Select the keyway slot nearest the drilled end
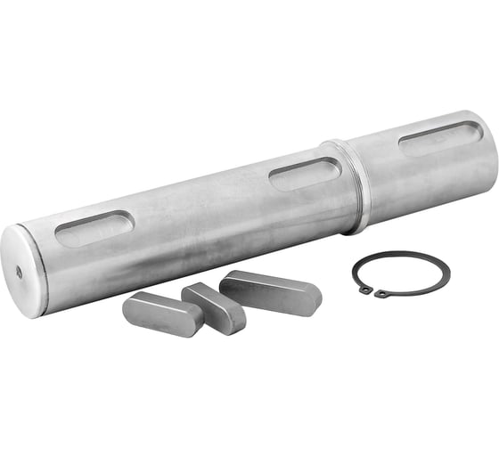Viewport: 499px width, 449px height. point(94,229)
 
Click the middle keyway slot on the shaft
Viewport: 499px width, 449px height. point(305,173)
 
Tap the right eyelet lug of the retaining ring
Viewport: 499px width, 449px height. point(381,293)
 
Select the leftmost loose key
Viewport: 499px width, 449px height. point(163,314)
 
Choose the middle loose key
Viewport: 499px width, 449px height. point(213,308)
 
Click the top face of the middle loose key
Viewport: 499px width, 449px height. point(210,298)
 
